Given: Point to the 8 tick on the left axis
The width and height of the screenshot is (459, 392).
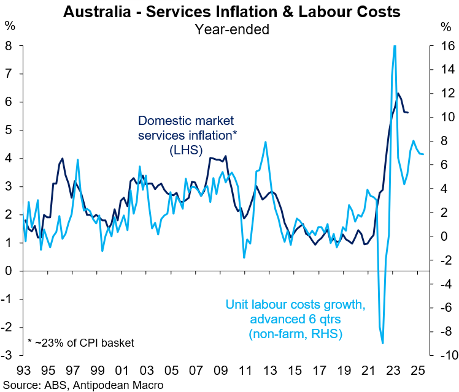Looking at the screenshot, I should click(x=10, y=46).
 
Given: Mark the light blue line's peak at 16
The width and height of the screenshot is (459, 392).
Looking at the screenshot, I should click(x=394, y=46).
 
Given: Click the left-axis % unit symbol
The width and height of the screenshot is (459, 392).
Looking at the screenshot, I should click(x=10, y=26).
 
